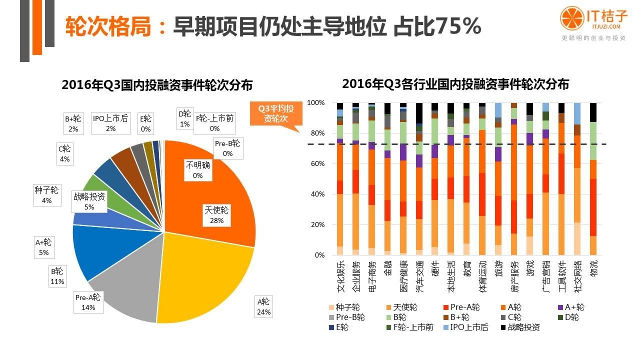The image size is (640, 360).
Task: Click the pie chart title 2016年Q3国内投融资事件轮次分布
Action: click(157, 84)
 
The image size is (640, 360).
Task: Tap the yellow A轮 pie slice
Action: click(205, 280)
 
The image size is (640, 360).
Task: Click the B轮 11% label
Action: click(57, 276)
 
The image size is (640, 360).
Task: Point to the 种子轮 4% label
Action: click(47, 195)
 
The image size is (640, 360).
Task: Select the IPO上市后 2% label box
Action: click(110, 123)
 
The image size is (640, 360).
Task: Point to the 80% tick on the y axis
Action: click(316, 133)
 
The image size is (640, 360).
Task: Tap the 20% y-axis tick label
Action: click(316, 225)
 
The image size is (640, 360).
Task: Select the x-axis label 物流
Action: click(593, 270)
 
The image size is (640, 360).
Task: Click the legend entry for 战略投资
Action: click(520, 327)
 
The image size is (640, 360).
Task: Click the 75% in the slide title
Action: click(458, 26)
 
